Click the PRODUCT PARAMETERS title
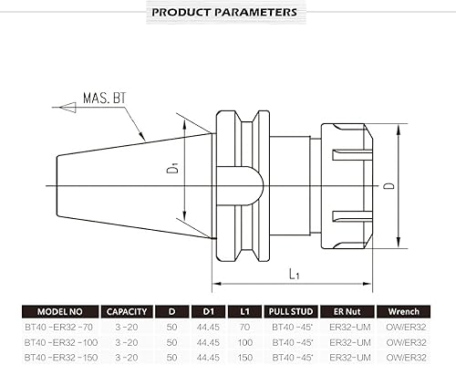[223, 13]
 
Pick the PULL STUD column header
[290, 309]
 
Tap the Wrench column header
[404, 309]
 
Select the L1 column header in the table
[244, 309]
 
